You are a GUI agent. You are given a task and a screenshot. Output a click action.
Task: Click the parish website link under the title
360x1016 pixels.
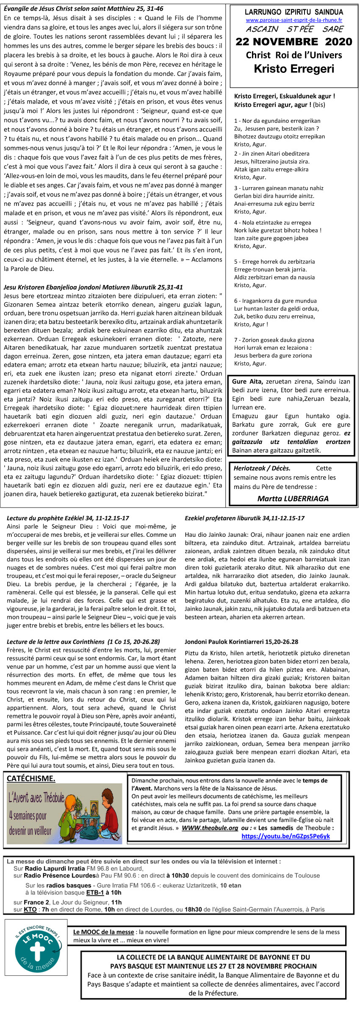(x=294, y=20)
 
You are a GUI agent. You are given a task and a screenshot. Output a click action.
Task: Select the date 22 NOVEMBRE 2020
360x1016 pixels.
(x=294, y=41)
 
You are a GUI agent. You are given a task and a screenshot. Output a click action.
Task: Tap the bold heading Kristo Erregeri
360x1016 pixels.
(x=294, y=69)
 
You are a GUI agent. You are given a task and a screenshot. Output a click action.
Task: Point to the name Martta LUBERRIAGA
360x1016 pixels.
(x=293, y=498)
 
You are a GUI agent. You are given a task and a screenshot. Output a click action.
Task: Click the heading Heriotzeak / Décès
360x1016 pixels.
(x=262, y=468)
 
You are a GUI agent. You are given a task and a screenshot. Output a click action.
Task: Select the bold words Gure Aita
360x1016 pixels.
(x=247, y=381)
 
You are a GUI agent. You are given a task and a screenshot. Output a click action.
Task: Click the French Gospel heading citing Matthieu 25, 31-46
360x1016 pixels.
(x=83, y=8)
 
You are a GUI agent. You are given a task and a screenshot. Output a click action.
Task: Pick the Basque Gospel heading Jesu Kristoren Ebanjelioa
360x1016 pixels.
(x=93, y=287)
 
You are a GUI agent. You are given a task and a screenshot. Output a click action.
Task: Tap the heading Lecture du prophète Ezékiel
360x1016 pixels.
(x=68, y=518)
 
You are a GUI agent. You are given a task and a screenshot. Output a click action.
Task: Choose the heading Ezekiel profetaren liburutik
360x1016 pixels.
(x=244, y=518)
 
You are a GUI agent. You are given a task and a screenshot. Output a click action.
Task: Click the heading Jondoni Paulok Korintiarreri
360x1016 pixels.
(x=241, y=642)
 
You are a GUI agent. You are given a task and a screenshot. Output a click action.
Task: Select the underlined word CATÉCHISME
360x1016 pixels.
(x=31, y=778)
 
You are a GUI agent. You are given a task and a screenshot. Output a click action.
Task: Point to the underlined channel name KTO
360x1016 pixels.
(x=30, y=909)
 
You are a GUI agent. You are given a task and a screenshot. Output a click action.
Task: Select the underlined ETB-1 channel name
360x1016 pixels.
(x=95, y=892)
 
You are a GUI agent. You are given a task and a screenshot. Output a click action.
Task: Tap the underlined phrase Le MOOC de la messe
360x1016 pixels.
(x=104, y=932)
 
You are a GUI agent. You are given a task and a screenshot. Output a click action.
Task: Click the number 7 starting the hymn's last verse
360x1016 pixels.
(x=236, y=340)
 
